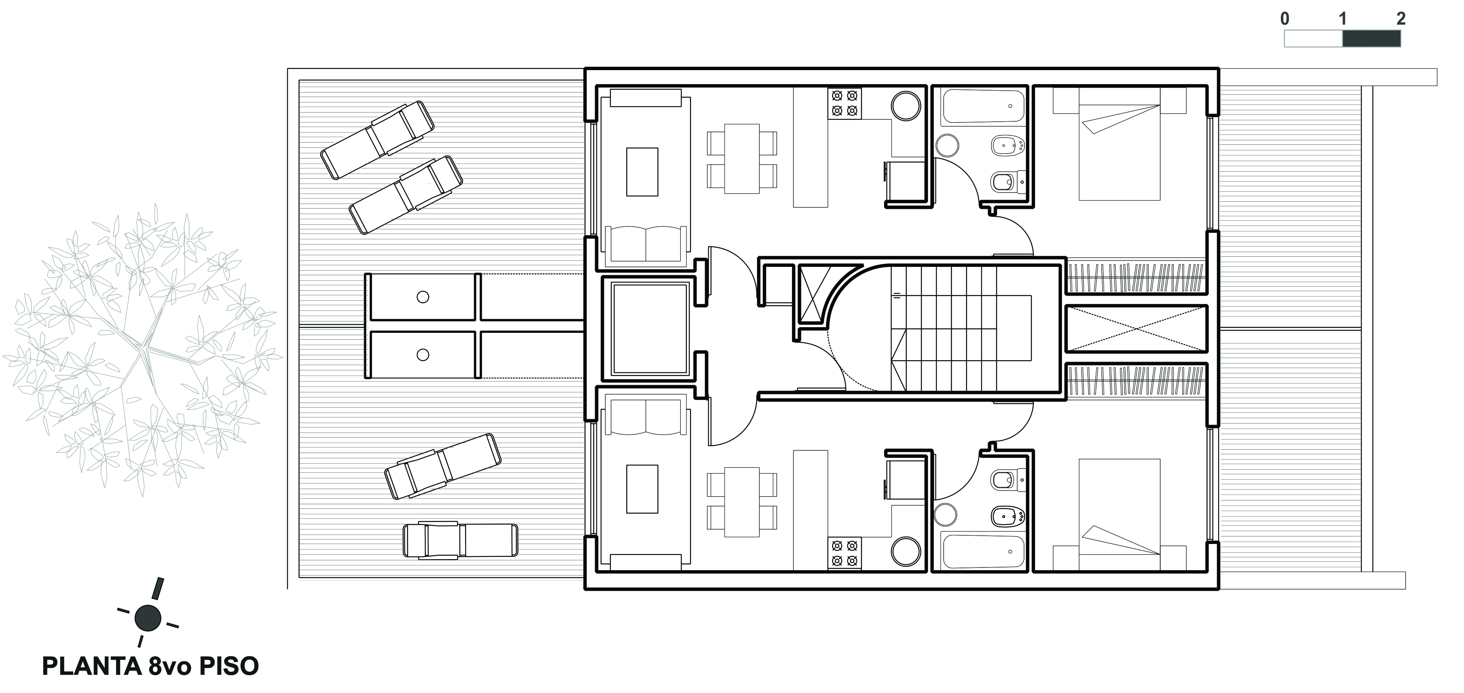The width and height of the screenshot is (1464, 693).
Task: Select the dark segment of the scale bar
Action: click(1371, 39)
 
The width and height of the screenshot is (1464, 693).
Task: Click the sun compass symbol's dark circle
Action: click(148, 618)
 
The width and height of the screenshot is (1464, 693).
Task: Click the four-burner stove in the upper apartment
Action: click(845, 103)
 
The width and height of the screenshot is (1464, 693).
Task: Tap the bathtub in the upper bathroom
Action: click(983, 106)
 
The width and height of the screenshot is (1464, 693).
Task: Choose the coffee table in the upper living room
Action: click(642, 172)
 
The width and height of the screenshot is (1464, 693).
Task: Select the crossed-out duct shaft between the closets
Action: click(1137, 328)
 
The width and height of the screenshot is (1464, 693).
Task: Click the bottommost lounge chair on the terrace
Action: click(460, 540)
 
